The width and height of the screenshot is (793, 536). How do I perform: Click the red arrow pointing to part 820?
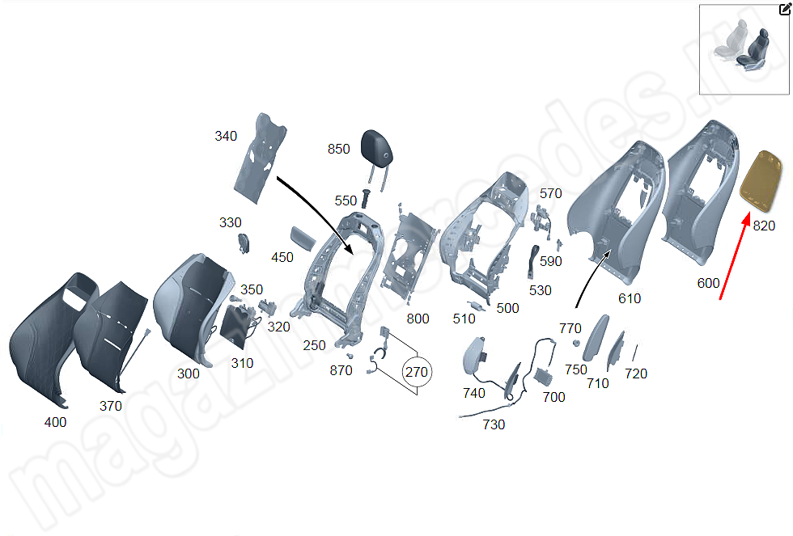[x=735, y=256]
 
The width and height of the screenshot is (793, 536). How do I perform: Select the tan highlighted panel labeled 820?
[x=761, y=179]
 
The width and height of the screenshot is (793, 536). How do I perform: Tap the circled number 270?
[x=417, y=373]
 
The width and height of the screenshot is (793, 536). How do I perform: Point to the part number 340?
[x=226, y=136]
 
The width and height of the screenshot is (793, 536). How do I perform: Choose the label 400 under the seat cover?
[x=55, y=422]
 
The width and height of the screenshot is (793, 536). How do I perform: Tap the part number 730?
[x=494, y=424]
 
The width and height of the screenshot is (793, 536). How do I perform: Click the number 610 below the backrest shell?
[x=630, y=298]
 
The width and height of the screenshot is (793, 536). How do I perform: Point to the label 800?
[x=418, y=319]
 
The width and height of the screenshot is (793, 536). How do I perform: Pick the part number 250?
[x=314, y=345]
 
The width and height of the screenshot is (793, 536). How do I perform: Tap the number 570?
[x=551, y=193]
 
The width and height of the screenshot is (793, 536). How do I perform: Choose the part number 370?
[x=110, y=406]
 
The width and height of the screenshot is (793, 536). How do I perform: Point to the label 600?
[x=708, y=283]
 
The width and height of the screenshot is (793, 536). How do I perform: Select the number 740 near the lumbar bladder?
[x=474, y=393]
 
